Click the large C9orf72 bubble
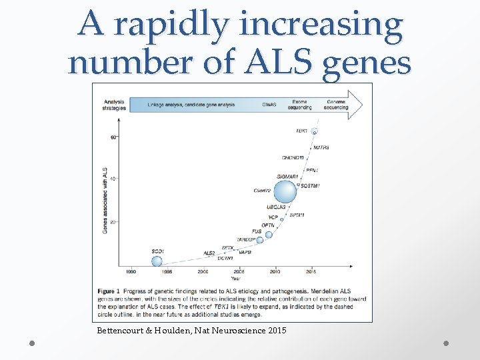click(x=285, y=192)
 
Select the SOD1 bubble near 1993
click(x=157, y=261)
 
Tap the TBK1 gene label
click(x=301, y=131)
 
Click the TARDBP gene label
click(x=246, y=239)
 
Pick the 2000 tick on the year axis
click(x=203, y=272)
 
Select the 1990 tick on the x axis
click(x=131, y=272)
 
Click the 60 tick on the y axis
click(x=114, y=137)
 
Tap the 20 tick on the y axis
click(x=114, y=221)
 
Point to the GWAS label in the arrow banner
click(x=269, y=105)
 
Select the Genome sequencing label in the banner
click(x=335, y=105)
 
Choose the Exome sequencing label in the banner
click(x=300, y=105)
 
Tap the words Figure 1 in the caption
click(x=108, y=292)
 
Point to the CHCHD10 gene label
click(x=293, y=157)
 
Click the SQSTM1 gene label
click(x=310, y=186)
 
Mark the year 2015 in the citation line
click(x=274, y=330)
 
